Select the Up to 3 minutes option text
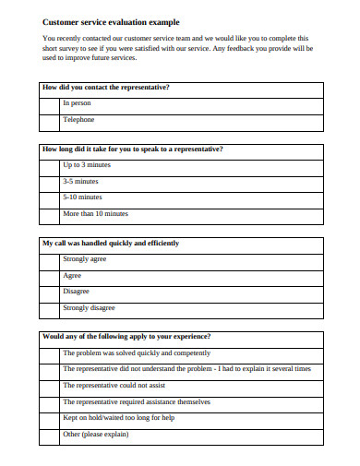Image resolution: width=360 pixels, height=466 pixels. tap(86, 164)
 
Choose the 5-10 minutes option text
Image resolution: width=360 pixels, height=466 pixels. tap(82, 197)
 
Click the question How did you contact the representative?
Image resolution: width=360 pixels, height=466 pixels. tap(106, 87)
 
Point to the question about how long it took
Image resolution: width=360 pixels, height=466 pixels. tap(132, 149)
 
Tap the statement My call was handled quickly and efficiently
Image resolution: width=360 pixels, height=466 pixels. tap(111, 243)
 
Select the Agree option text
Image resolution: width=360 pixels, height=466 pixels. tap(72, 275)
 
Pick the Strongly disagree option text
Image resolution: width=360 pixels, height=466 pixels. tap(89, 307)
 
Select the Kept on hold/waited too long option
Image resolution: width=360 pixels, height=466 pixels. tap(117, 417)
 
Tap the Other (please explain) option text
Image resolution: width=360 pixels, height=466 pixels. tap(95, 434)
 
